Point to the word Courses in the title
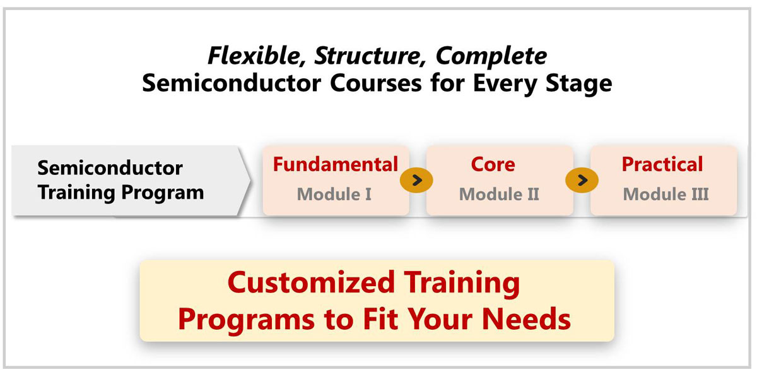click(x=376, y=83)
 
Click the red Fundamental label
click(x=336, y=164)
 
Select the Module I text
click(x=334, y=195)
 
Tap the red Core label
click(x=493, y=164)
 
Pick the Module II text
click(x=499, y=195)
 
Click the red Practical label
click(x=662, y=164)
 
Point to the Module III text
click(x=666, y=195)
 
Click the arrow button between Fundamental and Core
click(x=416, y=180)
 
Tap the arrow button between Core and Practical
click(x=582, y=180)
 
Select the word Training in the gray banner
click(x=77, y=193)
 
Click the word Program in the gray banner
click(x=163, y=193)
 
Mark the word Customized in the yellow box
click(x=311, y=282)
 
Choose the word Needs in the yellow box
click(x=526, y=319)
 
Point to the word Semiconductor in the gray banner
click(x=110, y=168)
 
